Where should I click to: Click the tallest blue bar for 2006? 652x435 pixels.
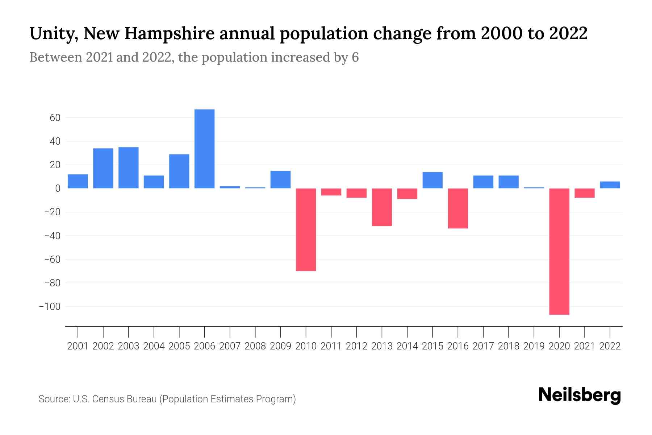(204, 149)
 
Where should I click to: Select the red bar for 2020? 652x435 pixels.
(559, 251)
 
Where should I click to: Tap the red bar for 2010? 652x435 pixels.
(306, 229)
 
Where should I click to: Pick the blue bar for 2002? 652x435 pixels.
(103, 168)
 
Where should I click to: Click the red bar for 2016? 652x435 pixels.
(457, 208)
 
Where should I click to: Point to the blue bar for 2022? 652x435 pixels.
(610, 185)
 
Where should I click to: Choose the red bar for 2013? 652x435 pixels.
(382, 207)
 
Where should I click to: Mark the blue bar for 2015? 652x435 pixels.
(432, 180)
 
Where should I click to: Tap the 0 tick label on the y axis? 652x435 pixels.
(58, 188)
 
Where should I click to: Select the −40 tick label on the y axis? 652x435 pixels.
(52, 236)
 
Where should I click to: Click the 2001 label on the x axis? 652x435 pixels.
(78, 346)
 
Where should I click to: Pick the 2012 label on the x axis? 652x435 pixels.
(356, 346)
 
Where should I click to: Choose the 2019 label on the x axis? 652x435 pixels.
(534, 346)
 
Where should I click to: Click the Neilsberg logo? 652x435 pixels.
(580, 395)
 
